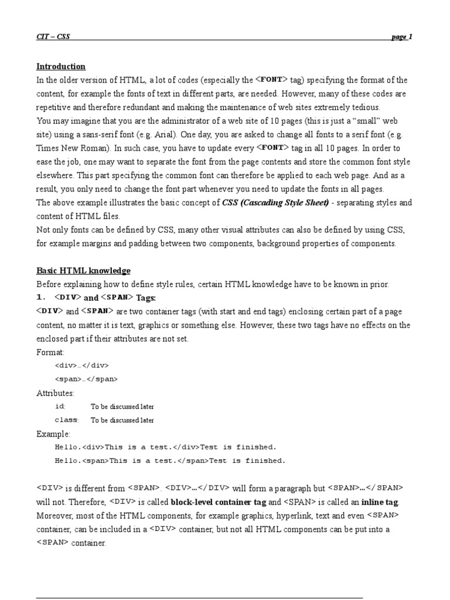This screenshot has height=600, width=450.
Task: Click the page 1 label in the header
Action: [x=402, y=37]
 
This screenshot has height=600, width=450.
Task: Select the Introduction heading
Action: [x=61, y=67]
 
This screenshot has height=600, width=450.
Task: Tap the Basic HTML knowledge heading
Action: [x=83, y=271]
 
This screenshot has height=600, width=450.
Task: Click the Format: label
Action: [x=51, y=352]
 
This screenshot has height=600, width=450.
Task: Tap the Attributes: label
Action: [x=56, y=393]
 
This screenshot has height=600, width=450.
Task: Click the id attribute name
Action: [x=60, y=407]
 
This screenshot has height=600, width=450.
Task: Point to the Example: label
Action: [x=53, y=434]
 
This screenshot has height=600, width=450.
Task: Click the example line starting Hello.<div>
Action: [x=165, y=447]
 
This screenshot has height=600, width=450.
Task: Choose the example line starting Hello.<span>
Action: [x=170, y=461]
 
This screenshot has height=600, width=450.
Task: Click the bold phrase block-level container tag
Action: [x=219, y=502]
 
